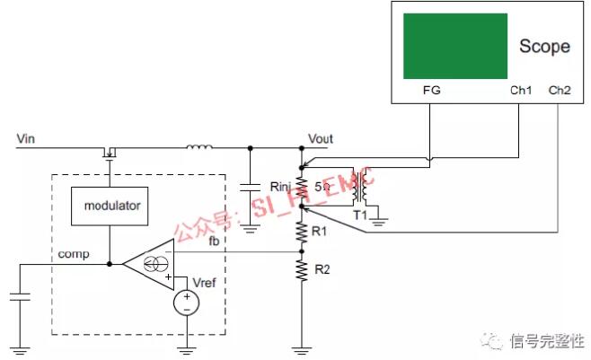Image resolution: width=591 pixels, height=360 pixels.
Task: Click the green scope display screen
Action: click(x=454, y=46)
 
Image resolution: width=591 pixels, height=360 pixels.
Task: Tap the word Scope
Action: click(x=544, y=47)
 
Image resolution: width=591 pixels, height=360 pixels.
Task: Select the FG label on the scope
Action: click(x=431, y=91)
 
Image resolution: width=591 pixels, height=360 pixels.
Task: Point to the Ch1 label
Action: click(x=521, y=91)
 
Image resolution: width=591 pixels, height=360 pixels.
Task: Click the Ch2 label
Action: click(x=560, y=91)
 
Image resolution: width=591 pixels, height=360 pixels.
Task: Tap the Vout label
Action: click(x=320, y=139)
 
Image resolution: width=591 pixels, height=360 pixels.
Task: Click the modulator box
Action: click(x=112, y=206)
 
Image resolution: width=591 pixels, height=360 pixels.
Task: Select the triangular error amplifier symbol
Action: click(x=149, y=264)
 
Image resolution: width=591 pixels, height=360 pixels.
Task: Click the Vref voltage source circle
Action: click(x=186, y=303)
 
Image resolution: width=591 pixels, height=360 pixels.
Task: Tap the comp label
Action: click(x=73, y=255)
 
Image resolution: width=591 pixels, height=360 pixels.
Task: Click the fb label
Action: click(x=214, y=241)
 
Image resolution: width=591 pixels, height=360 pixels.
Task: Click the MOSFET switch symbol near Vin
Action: click(x=110, y=150)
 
